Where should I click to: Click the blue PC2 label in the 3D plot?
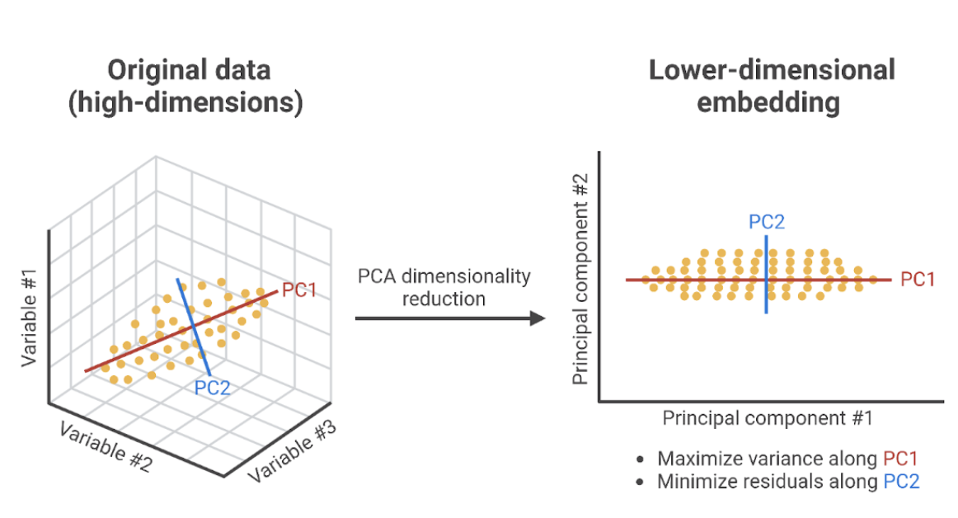(x=212, y=388)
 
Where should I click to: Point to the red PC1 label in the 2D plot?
(x=917, y=280)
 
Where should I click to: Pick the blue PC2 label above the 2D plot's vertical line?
(x=766, y=221)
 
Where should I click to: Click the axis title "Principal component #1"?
(x=767, y=418)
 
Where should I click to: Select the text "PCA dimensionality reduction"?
(x=444, y=286)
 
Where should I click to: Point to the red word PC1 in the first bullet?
(x=900, y=459)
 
